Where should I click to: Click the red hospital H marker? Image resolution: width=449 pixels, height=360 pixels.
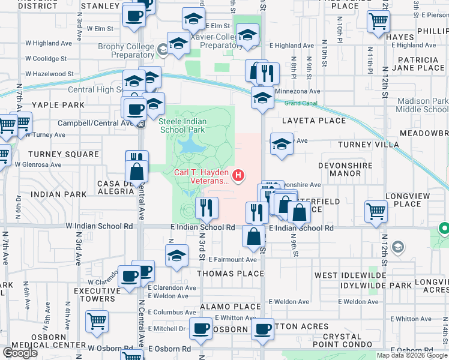click(x=239, y=176)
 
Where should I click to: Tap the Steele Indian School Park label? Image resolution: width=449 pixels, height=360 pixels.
click(x=182, y=125)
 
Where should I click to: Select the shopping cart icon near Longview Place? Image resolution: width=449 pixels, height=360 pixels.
click(x=376, y=211)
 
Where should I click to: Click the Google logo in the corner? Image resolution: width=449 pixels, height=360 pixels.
click(x=20, y=353)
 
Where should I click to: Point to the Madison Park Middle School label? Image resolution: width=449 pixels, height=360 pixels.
click(x=422, y=106)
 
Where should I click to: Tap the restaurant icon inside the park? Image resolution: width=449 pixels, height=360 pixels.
click(x=206, y=208)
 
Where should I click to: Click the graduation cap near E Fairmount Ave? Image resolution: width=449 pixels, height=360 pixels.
click(x=176, y=256)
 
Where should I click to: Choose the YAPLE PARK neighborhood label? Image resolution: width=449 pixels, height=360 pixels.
click(x=42, y=104)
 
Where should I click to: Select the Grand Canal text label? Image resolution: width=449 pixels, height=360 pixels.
click(x=299, y=103)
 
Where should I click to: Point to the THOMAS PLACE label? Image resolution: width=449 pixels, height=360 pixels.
click(x=231, y=274)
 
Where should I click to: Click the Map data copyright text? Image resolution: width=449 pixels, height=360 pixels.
click(x=412, y=355)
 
